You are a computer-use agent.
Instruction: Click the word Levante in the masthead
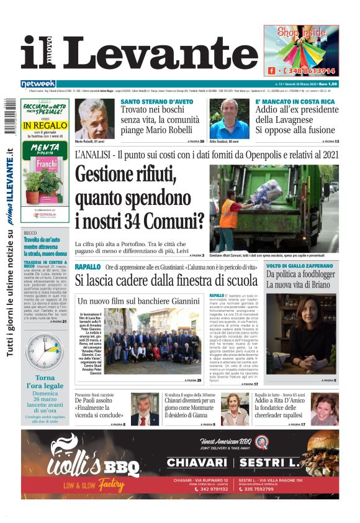click(159, 54)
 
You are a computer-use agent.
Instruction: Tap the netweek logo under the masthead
click(38, 83)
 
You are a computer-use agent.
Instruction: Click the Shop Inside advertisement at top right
click(300, 50)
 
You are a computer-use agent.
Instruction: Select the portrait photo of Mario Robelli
click(96, 119)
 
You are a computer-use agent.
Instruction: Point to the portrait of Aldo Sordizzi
click(233, 119)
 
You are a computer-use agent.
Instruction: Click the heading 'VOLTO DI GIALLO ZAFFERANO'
click(301, 266)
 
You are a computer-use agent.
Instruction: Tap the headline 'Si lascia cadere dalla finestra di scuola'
click(163, 281)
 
